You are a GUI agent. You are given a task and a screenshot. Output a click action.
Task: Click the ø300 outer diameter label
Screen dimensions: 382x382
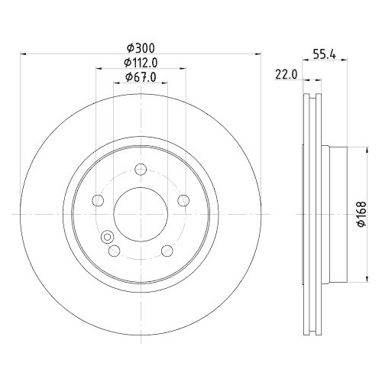coord(141,48)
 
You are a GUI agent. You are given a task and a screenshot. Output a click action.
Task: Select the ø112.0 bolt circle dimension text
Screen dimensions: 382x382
coord(141,63)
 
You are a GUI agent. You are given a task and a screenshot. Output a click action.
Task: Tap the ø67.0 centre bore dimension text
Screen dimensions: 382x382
coord(141,77)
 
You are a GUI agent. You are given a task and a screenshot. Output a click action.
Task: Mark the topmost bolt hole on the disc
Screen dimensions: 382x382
coord(141,170)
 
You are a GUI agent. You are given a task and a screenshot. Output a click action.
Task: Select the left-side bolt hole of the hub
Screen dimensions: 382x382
coord(98,200)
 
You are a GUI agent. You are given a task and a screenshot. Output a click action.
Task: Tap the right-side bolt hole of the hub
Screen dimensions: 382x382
coord(183,200)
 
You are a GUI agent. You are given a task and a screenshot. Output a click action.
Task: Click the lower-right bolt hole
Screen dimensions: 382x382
coord(167,250)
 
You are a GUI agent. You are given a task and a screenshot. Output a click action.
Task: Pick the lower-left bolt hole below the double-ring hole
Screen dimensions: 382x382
coord(114,251)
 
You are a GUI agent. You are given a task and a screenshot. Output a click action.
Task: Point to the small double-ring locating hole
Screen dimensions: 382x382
coord(106,236)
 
